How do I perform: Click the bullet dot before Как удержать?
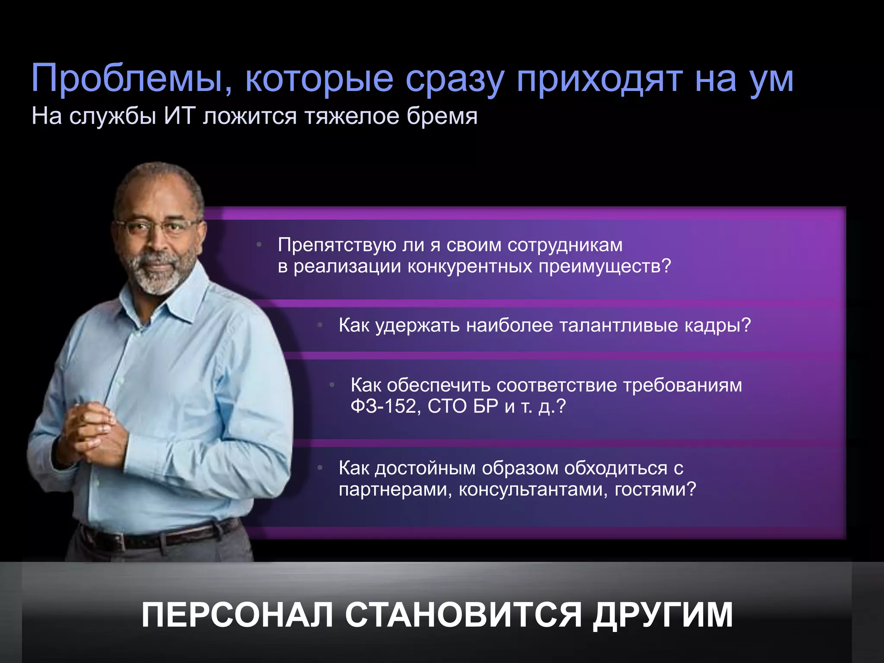coord(320,325)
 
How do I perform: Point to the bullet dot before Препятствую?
coord(259,245)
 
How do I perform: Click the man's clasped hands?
coord(93,434)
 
